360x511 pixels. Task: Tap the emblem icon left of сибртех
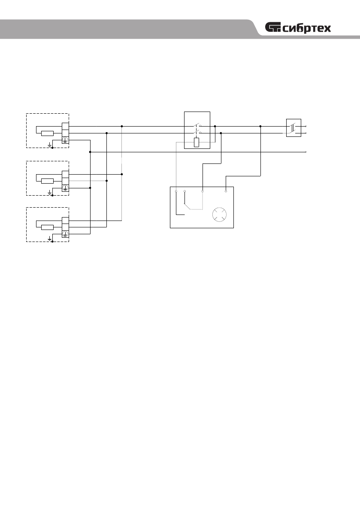274,28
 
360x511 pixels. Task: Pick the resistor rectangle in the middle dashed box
47,181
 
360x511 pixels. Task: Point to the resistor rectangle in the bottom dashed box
47,227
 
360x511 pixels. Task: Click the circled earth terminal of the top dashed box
65,140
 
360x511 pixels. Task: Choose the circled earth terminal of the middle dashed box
65,187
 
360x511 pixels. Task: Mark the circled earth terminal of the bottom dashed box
65,234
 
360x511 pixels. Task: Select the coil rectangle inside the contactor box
197,142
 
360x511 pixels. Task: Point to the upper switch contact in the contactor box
197,126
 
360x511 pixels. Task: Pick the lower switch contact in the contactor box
197,133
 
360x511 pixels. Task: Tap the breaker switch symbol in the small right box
293,128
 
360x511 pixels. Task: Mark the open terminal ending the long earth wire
306,152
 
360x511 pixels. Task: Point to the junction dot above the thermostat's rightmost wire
260,126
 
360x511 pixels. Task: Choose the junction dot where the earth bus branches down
90,152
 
